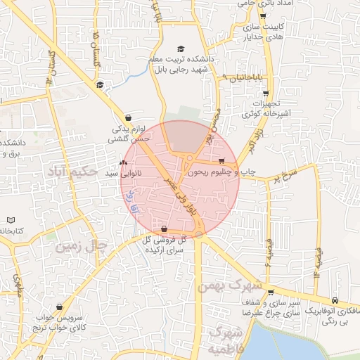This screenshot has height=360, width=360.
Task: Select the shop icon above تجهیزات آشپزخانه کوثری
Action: click(265, 94)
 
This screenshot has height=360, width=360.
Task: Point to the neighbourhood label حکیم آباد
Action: click(70, 169)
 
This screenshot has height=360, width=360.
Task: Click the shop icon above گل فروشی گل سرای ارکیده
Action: click(164, 229)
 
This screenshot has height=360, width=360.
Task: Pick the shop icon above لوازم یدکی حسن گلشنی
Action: click(128, 118)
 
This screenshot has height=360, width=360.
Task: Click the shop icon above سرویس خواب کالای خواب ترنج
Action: click(59, 307)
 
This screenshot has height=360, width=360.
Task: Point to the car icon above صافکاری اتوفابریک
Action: click(335, 299)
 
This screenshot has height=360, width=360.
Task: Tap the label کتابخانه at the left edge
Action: click(10, 231)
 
